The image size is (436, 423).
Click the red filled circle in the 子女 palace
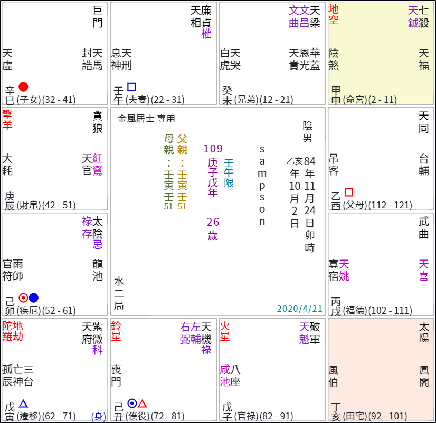(23, 87)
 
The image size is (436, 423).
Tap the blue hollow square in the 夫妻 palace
(131, 86)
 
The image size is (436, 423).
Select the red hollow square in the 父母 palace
(348, 192)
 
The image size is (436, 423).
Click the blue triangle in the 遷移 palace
(23, 403)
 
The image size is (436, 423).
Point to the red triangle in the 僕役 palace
(143, 403)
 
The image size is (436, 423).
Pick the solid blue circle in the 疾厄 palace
(34, 297)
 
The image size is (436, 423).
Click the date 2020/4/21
(299, 309)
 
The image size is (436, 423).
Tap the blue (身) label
(99, 416)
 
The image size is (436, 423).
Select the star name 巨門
(98, 16)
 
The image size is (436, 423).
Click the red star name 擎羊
(7, 120)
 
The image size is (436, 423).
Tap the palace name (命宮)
(356, 100)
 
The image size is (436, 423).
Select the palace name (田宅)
(355, 416)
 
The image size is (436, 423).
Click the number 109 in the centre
(213, 149)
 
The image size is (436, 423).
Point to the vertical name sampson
(262, 185)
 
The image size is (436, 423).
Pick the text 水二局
(119, 293)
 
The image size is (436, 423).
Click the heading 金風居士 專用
(146, 119)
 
